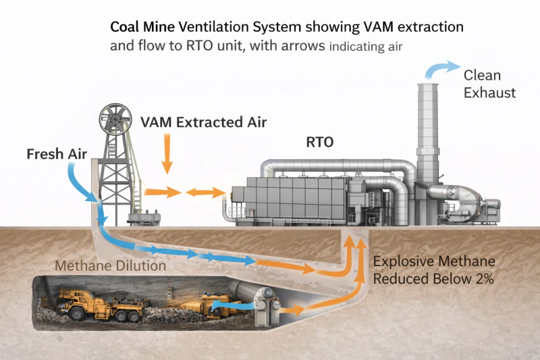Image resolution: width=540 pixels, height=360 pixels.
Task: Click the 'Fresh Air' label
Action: click(57, 153)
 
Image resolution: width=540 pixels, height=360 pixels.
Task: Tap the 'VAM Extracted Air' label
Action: click(203, 122)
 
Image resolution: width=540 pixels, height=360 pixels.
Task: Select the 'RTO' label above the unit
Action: click(321, 143)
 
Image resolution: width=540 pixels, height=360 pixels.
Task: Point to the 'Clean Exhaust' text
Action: click(489, 84)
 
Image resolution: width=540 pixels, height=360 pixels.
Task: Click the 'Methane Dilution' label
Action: click(110, 265)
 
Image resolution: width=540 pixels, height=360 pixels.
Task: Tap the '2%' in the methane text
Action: click(485, 278)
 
